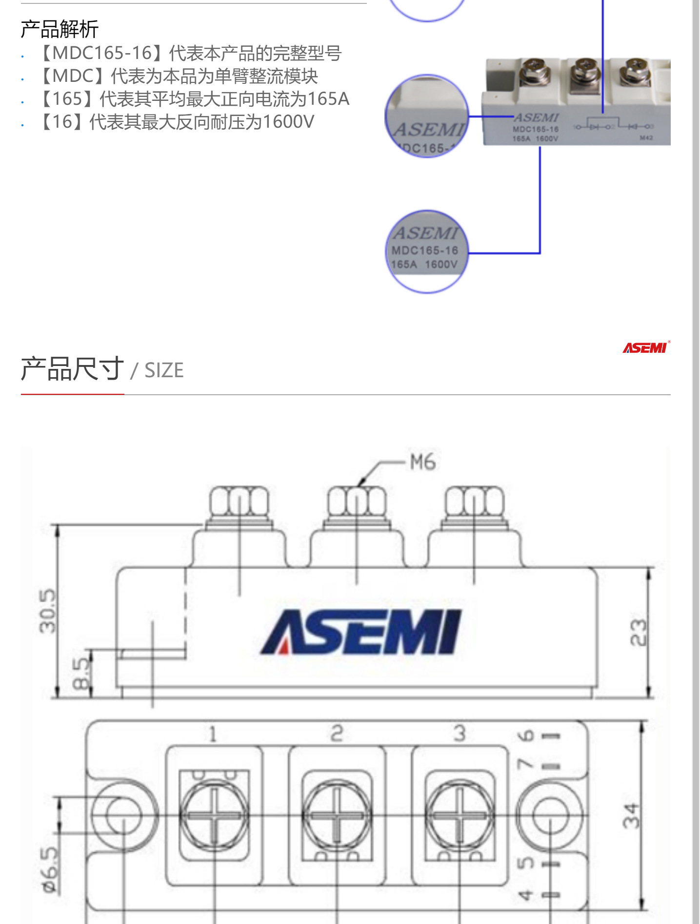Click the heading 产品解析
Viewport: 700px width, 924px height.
tap(60, 29)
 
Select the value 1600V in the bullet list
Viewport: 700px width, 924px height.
tap(288, 122)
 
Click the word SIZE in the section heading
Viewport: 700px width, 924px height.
tap(164, 370)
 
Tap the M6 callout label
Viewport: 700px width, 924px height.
tap(422, 462)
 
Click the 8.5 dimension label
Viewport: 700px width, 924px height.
tap(81, 674)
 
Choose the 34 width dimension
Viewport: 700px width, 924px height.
tap(631, 816)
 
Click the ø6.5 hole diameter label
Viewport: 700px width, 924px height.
tap(51, 868)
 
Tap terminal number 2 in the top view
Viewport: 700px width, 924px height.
tap(337, 733)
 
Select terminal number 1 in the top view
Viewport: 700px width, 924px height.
tap(213, 734)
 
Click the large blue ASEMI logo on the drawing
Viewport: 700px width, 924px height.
tap(361, 632)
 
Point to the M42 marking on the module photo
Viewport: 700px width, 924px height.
tap(646, 138)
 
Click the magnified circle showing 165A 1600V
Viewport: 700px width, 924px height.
tap(426, 252)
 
